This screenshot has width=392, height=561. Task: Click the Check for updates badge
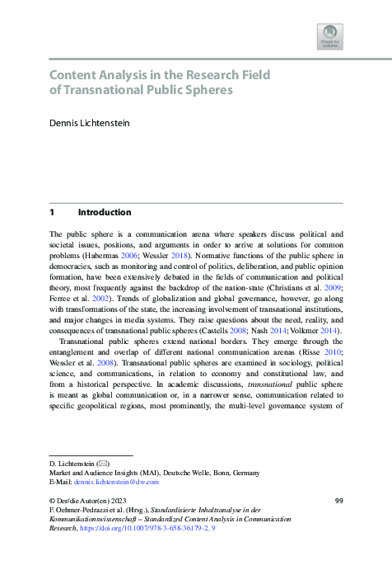point(329,36)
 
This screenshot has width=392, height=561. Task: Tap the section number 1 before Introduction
point(52,211)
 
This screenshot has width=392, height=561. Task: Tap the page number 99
point(338,501)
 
